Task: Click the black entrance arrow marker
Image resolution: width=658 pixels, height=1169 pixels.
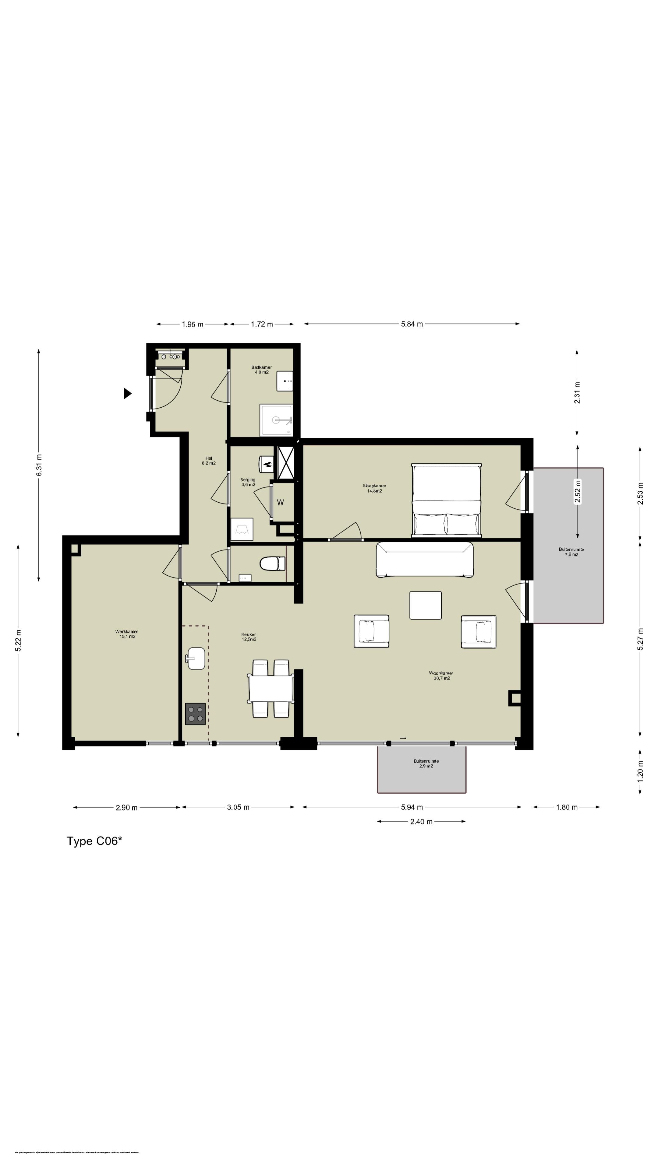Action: pos(127,393)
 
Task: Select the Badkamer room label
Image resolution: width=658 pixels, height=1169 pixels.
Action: pos(262,369)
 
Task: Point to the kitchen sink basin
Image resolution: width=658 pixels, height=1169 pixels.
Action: pos(196,658)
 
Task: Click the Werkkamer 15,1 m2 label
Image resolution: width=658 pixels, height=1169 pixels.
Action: pos(127,634)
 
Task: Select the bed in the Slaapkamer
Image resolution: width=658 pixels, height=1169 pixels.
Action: pos(446,500)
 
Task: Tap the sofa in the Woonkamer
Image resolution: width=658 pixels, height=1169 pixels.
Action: pos(425,559)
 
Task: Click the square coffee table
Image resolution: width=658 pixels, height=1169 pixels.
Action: pos(426,605)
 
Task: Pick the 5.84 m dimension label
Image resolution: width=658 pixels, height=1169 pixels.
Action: pos(412,324)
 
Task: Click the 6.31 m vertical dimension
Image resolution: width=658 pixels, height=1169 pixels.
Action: pos(40,465)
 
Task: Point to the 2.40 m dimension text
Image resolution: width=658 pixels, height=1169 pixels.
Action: pos(421,821)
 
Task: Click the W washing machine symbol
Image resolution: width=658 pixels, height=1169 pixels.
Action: pos(281,502)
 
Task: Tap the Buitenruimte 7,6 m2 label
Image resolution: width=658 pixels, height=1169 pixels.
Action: pos(571,552)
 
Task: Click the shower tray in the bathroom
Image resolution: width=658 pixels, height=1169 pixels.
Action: pos(276,420)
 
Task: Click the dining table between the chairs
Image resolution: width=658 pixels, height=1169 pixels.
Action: pos(271,688)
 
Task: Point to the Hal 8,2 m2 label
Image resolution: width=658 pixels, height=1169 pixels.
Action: pos(208,461)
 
